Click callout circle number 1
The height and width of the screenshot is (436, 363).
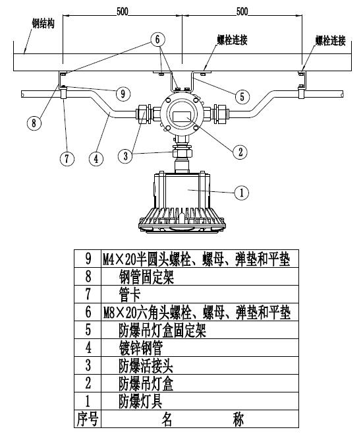[242, 192]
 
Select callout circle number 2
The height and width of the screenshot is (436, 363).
[242, 151]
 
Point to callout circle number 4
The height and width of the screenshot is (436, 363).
[97, 158]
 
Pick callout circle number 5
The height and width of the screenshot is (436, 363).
[242, 96]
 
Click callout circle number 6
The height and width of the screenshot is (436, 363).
[157, 40]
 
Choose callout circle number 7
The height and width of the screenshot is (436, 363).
[65, 158]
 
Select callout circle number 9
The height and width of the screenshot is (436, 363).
[123, 93]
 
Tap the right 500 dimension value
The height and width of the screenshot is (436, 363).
[242, 11]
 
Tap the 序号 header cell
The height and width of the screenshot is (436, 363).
[88, 419]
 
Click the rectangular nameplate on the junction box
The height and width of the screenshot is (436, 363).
[181, 117]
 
